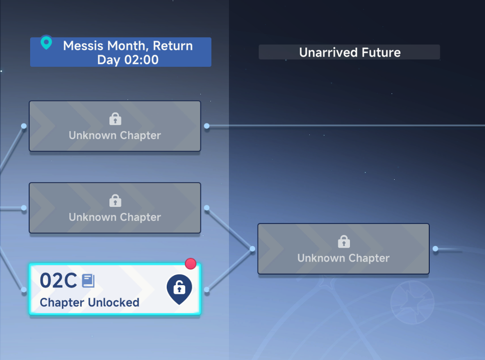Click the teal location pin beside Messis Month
pos(46,42)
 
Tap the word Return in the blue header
pos(173,46)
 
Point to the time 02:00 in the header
pos(141,60)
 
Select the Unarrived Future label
pos(350,52)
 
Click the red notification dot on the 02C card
pos(191,264)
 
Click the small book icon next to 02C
pos(88,281)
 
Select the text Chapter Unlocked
pos(89,302)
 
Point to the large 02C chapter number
pos(58,281)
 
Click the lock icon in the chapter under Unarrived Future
pos(343,242)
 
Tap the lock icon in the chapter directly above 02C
pos(115,200)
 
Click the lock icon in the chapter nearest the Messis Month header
pos(115,119)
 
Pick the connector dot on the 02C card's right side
pos(207,290)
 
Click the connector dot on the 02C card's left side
pos(24,290)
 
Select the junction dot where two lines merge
pos(253,249)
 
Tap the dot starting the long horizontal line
pos(207,126)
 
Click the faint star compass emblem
pos(412,302)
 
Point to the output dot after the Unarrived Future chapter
pos(435,249)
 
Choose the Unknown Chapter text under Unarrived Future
pos(343,258)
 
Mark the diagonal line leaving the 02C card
pos(229,269)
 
